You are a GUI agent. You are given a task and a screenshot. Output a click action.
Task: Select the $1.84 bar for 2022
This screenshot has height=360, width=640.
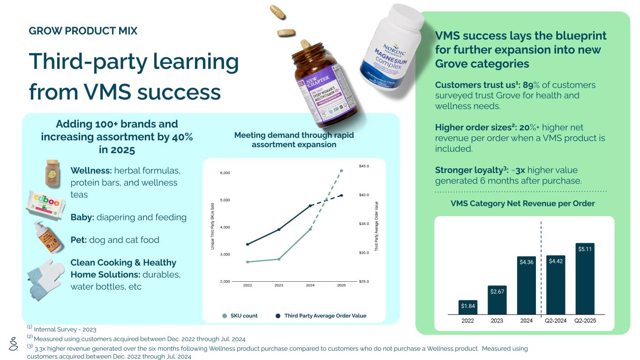(467, 307)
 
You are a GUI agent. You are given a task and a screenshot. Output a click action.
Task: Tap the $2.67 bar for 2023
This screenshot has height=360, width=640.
(497, 300)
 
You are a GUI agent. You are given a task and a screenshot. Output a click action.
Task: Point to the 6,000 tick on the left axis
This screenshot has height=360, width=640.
(225, 173)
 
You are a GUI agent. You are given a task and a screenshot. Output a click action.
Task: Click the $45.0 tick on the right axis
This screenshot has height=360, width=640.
(364, 166)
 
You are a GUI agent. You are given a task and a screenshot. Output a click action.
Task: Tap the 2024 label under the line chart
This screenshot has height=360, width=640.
(310, 285)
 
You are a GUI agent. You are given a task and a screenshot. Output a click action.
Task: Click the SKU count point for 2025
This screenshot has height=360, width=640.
(341, 171)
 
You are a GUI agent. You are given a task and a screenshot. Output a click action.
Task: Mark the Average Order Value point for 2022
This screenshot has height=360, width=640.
(248, 244)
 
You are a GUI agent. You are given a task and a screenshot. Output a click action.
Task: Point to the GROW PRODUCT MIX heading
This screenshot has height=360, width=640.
(83, 31)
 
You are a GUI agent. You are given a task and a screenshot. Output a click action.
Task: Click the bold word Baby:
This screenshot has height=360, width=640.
(83, 217)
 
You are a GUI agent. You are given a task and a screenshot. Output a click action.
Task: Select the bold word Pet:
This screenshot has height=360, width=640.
(78, 240)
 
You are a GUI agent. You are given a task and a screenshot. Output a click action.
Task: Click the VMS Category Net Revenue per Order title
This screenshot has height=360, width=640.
(522, 203)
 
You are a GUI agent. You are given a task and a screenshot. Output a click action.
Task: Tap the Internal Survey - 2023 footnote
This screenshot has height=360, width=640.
(65, 330)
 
